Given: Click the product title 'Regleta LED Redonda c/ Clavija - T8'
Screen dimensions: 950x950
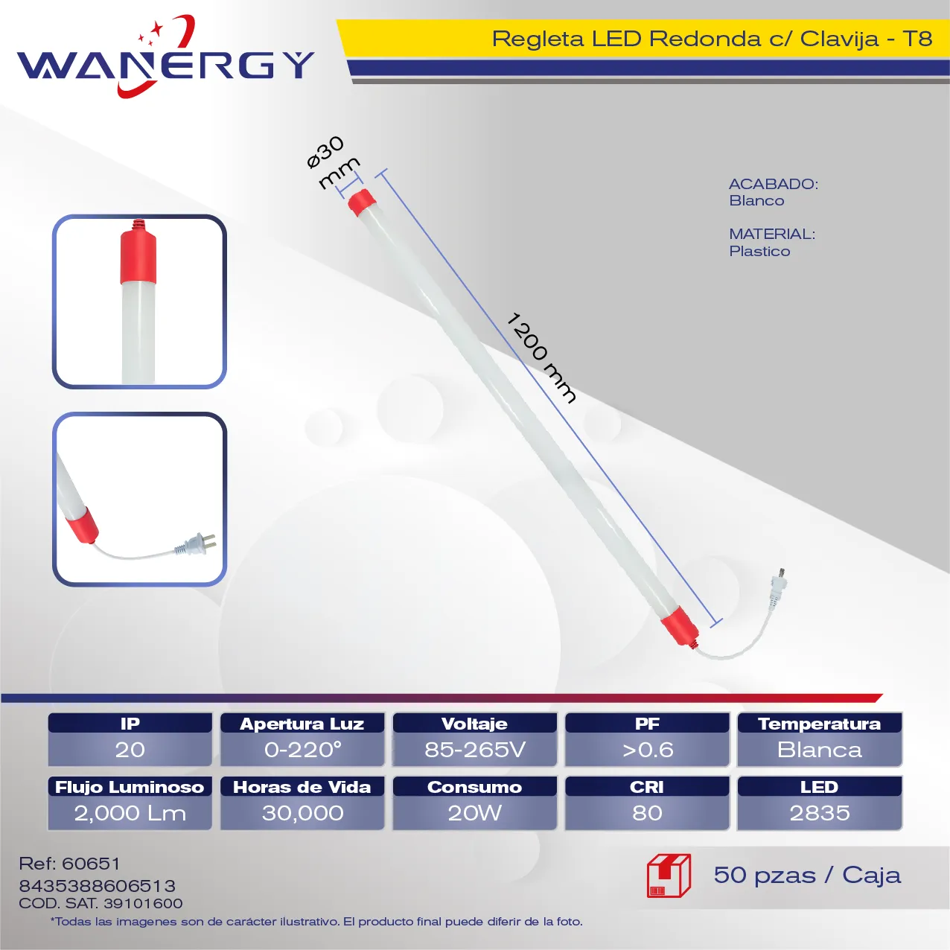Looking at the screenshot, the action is click(x=712, y=39).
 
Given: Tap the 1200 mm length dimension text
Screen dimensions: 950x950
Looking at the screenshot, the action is click(x=541, y=357).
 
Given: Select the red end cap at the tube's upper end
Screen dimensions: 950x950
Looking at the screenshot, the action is click(x=361, y=201).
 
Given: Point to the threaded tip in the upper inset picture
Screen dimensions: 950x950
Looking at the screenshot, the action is click(x=139, y=225).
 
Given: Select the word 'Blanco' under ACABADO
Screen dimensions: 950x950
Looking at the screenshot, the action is click(x=756, y=201).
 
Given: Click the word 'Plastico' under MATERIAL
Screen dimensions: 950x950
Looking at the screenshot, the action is click(x=759, y=251).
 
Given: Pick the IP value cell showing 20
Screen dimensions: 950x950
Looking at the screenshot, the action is click(x=130, y=749).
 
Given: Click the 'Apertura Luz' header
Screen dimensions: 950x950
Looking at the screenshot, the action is click(x=302, y=724).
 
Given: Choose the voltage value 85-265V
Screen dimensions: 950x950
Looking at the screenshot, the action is click(x=475, y=750).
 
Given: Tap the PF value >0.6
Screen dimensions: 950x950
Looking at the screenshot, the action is click(x=647, y=750).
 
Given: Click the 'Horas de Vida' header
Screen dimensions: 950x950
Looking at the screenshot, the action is click(x=302, y=787).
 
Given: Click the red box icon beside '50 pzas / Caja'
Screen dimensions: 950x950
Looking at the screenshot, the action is click(x=669, y=876).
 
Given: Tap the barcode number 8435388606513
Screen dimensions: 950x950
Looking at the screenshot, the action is click(x=97, y=886).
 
